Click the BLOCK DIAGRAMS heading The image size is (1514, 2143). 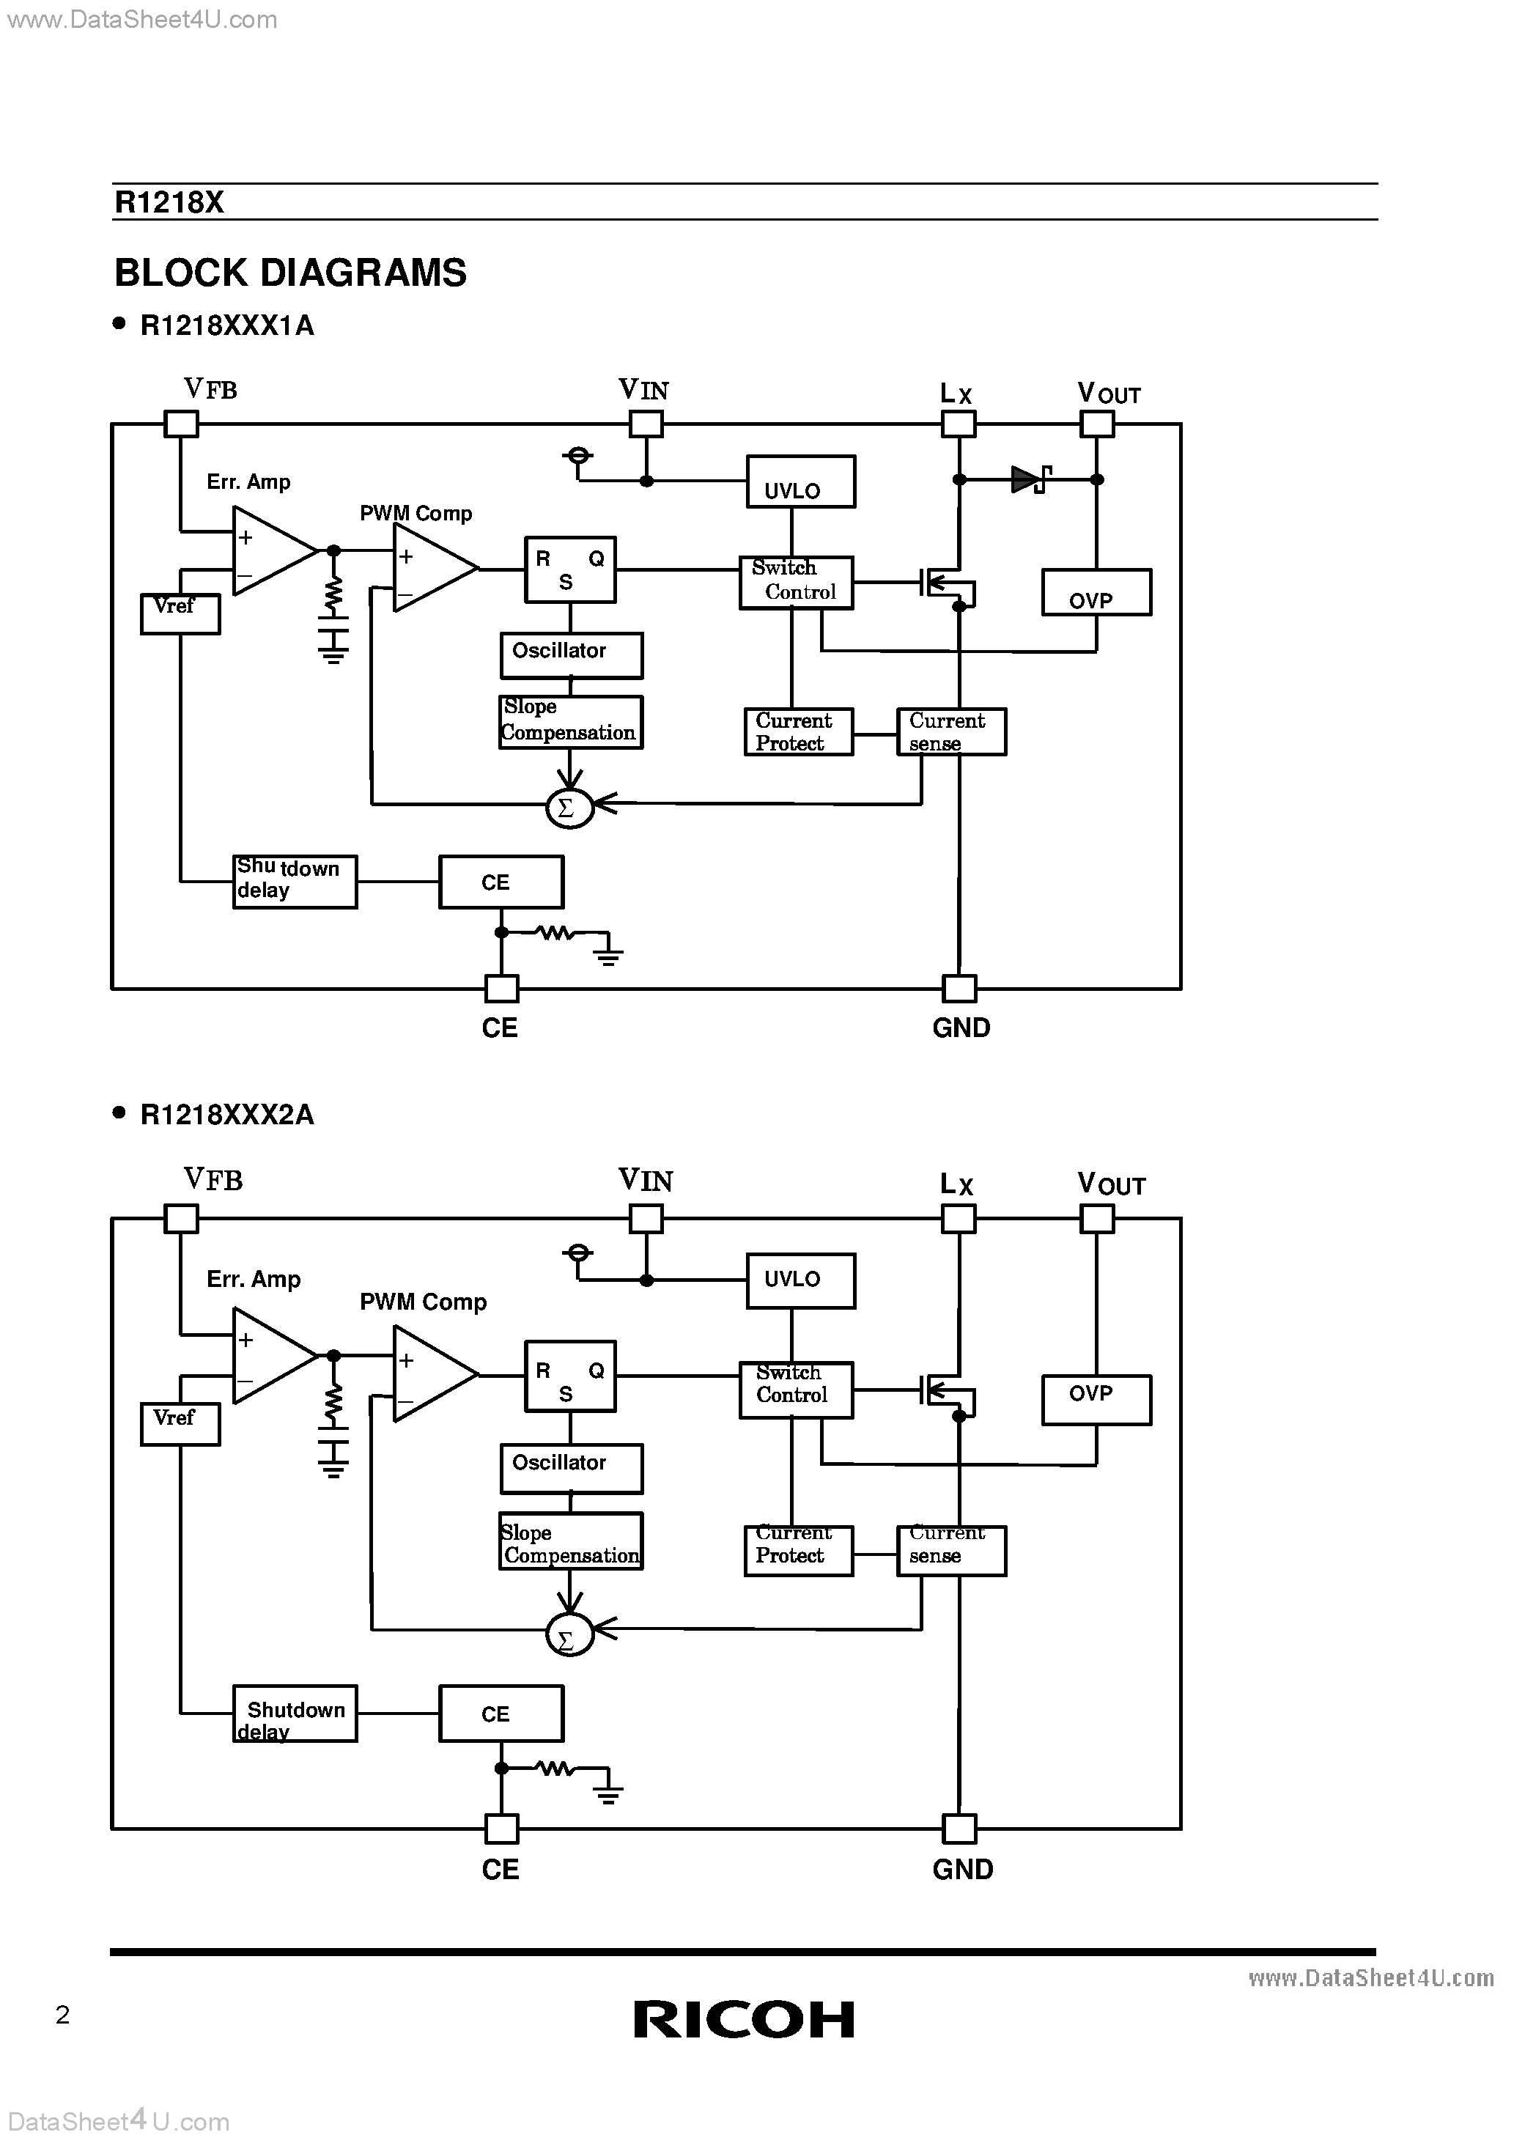click(290, 273)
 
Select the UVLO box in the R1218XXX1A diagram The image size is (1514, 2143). click(800, 482)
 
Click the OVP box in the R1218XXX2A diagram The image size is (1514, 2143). click(1096, 1399)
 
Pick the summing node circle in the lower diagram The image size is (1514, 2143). click(569, 1634)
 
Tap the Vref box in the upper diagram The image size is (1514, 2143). click(180, 613)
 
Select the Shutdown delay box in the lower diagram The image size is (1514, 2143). click(294, 1713)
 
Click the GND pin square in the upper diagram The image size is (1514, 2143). click(959, 989)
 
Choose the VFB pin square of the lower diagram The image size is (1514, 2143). click(181, 1218)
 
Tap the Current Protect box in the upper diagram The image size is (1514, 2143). click(798, 731)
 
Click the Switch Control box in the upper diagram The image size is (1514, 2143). click(795, 583)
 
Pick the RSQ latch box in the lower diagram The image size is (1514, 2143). click(569, 1375)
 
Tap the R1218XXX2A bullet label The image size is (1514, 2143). click(227, 1115)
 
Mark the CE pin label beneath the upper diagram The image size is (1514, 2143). click(499, 1028)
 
